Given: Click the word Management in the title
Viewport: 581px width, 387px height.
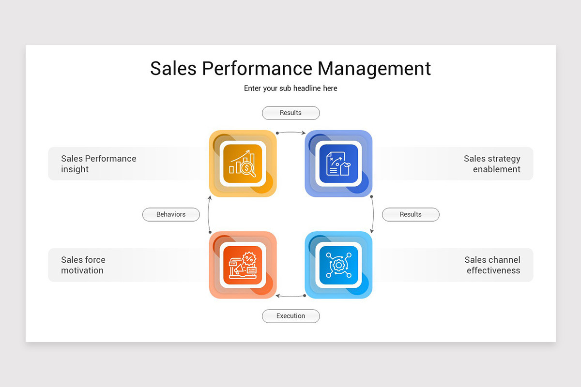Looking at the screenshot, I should tap(374, 69).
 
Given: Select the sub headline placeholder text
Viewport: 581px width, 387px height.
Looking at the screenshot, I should tap(290, 89).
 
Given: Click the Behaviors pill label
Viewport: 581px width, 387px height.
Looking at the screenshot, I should tap(171, 214).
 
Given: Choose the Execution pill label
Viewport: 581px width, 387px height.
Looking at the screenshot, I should tap(290, 316).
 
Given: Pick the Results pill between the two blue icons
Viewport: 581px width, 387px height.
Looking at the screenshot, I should tap(411, 214).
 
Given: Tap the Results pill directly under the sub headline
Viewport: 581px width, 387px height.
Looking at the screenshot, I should tap(290, 113).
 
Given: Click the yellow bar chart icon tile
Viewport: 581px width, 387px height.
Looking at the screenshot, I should tap(243, 164).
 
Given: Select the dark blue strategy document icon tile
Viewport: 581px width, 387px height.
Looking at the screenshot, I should tap(338, 164).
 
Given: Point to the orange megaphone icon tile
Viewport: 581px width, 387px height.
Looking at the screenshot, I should tap(243, 265).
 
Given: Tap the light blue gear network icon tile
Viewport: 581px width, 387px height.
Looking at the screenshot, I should tap(338, 265).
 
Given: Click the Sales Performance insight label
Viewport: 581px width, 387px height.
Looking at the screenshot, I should tap(99, 164).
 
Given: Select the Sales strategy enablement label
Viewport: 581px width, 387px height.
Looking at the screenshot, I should tap(492, 164).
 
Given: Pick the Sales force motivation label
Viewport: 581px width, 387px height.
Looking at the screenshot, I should tap(83, 265).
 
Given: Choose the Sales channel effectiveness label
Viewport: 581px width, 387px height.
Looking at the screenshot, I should tap(492, 265).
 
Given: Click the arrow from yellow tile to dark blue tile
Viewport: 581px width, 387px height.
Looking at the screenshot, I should tap(290, 131).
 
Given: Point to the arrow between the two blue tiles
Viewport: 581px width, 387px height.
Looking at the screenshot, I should tap(373, 214).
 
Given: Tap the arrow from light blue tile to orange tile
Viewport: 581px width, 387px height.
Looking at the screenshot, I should tap(290, 296).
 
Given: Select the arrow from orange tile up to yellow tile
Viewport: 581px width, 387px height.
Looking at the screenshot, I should tap(209, 214).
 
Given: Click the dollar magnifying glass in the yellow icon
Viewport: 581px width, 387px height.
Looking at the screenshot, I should tap(248, 169).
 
